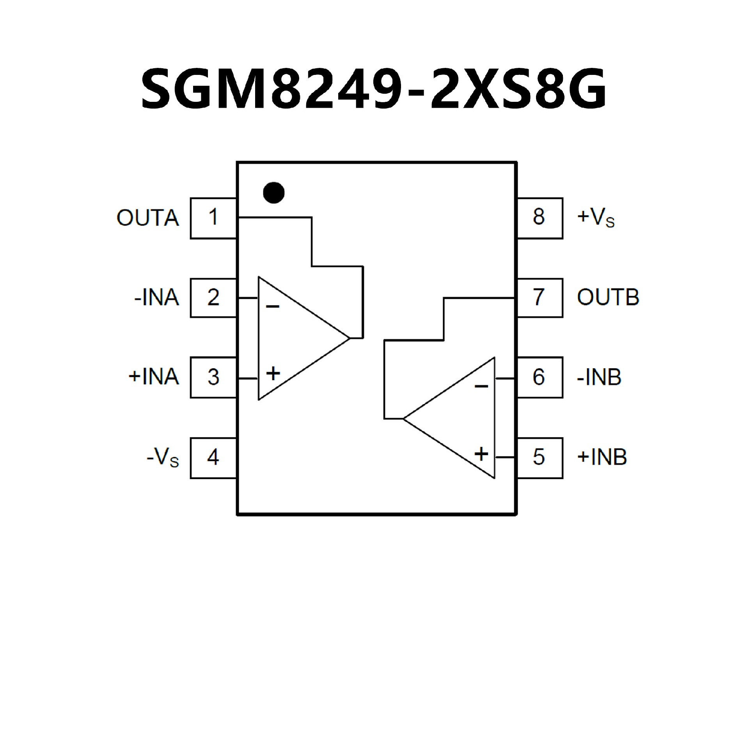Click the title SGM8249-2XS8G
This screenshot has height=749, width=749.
click(x=374, y=89)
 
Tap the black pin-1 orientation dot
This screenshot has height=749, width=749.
click(x=274, y=192)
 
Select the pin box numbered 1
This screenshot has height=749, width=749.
click(x=213, y=218)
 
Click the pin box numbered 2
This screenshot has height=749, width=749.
click(x=213, y=298)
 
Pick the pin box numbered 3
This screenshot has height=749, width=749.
click(x=213, y=377)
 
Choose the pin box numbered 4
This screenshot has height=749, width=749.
click(x=213, y=458)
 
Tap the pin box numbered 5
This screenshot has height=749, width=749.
click(x=539, y=458)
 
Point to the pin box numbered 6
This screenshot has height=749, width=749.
click(x=539, y=377)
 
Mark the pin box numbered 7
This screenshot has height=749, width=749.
click(x=539, y=298)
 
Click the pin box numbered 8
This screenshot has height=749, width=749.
click(x=539, y=218)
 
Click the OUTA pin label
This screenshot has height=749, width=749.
click(x=148, y=218)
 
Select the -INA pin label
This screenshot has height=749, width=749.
click(x=156, y=298)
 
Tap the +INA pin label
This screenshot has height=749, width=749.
click(x=154, y=377)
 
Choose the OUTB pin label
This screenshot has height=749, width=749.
click(x=608, y=298)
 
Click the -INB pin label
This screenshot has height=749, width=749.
click(x=599, y=377)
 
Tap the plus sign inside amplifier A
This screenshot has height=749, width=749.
click(x=273, y=373)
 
